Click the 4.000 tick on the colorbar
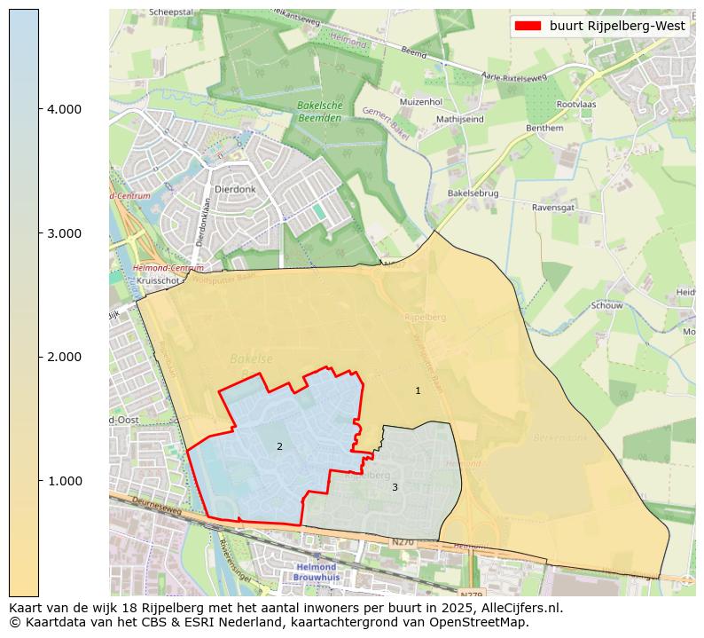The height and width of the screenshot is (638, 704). (x=64, y=109)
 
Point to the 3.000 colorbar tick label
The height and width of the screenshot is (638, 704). (x=64, y=233)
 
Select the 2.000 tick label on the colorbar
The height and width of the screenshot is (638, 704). (x=64, y=357)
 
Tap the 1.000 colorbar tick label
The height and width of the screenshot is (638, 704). (x=64, y=481)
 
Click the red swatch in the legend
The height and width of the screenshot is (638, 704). (x=528, y=26)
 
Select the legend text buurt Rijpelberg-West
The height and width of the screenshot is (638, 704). (x=617, y=26)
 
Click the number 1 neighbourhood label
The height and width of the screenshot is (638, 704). (x=418, y=390)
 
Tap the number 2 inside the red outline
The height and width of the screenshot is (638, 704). (x=279, y=446)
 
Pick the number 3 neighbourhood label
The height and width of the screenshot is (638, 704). (x=395, y=487)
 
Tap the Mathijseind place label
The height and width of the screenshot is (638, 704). (x=459, y=118)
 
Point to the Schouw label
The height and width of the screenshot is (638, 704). (x=606, y=305)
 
